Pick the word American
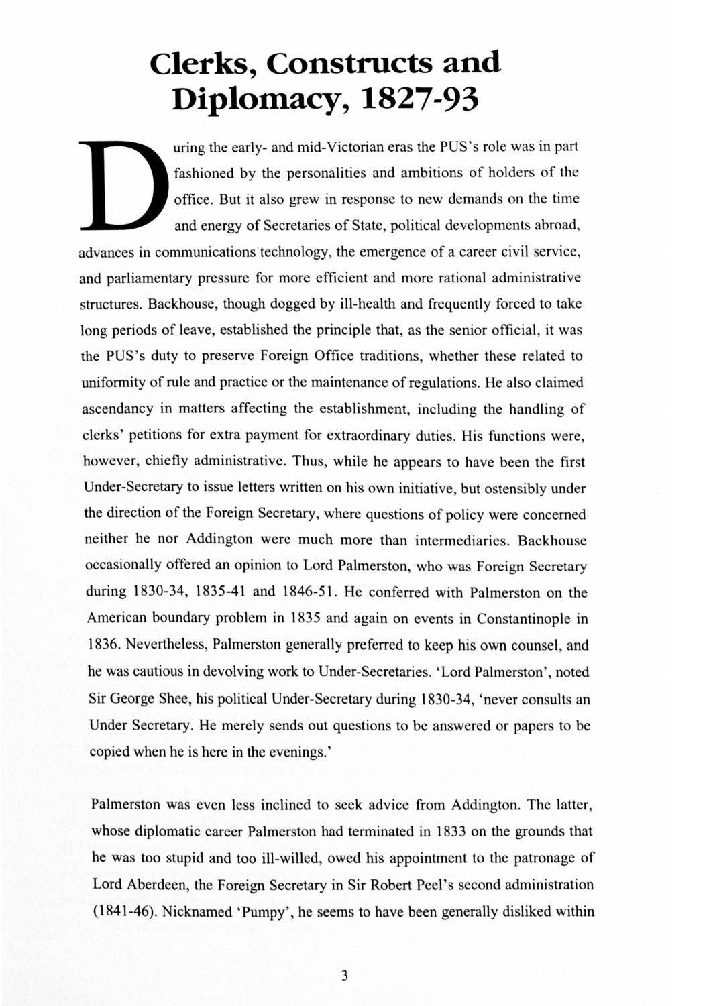[115, 619]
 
